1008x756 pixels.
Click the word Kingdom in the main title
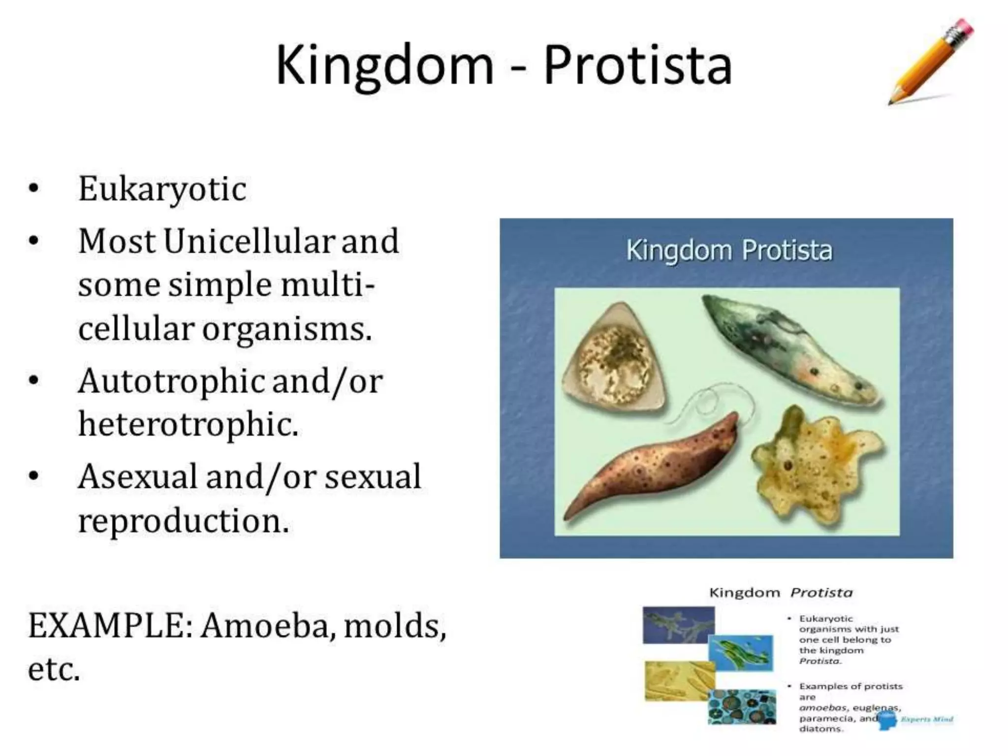[384, 65]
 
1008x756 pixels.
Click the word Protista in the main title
[638, 65]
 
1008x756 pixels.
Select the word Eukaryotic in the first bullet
[162, 189]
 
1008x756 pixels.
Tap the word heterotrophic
[189, 424]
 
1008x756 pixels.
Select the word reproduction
[183, 521]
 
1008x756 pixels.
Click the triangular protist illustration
[613, 362]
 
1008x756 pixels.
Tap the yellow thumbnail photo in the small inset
[678, 681]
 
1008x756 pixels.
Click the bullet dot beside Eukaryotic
[33, 189]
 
